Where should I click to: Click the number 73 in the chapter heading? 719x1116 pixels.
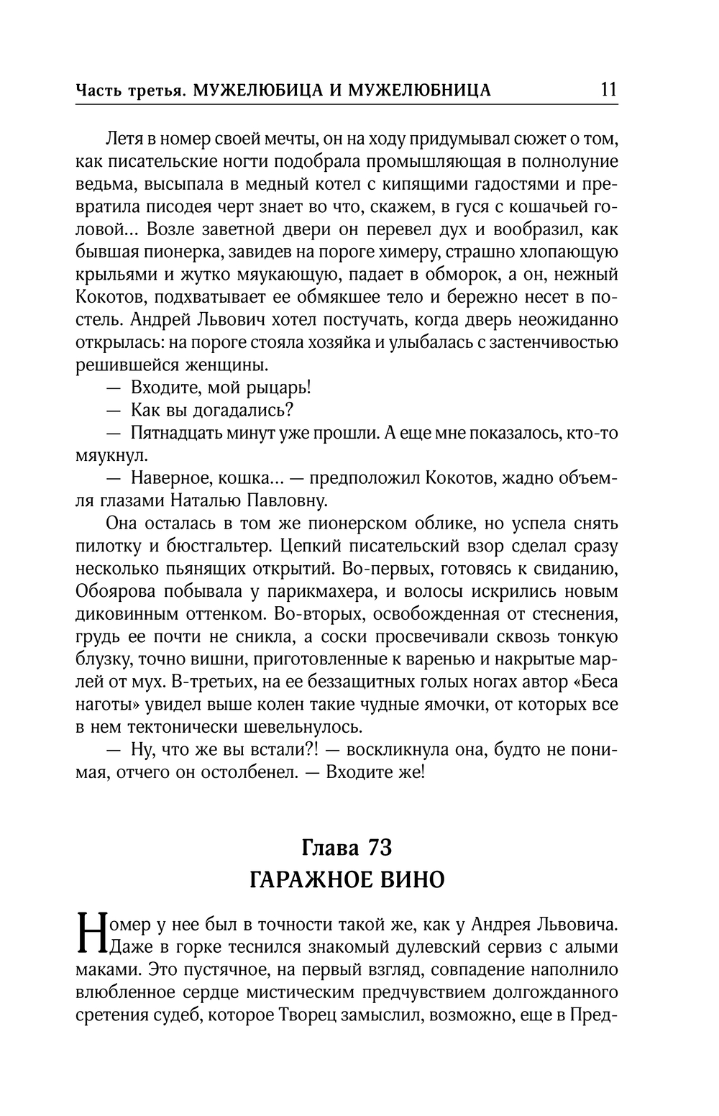click(x=379, y=848)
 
